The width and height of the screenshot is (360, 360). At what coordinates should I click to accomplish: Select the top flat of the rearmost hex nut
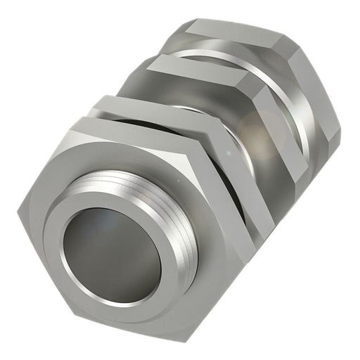pyautogui.click(x=232, y=32)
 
